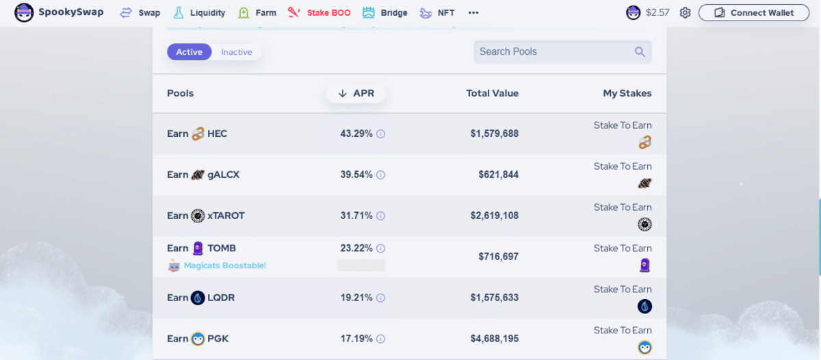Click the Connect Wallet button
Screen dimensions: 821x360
point(753,13)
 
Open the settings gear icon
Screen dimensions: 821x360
point(685,13)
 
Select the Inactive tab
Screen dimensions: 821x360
point(237,52)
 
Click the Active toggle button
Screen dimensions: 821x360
point(189,52)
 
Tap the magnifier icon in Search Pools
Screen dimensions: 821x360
point(640,52)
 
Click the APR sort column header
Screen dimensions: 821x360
point(356,93)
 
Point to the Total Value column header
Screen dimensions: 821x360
point(492,93)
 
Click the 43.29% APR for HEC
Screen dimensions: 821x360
point(356,133)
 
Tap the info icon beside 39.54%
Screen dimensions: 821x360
point(381,175)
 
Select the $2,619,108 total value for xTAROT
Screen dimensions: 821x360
point(495,216)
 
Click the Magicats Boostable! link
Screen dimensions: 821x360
point(224,266)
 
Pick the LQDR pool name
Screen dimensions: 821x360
point(221,298)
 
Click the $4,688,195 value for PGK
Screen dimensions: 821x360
point(495,339)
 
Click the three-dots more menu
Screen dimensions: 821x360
point(473,13)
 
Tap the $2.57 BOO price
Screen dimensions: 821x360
point(657,13)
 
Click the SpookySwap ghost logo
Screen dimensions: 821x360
point(24,12)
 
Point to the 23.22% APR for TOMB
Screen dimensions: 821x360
point(356,248)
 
